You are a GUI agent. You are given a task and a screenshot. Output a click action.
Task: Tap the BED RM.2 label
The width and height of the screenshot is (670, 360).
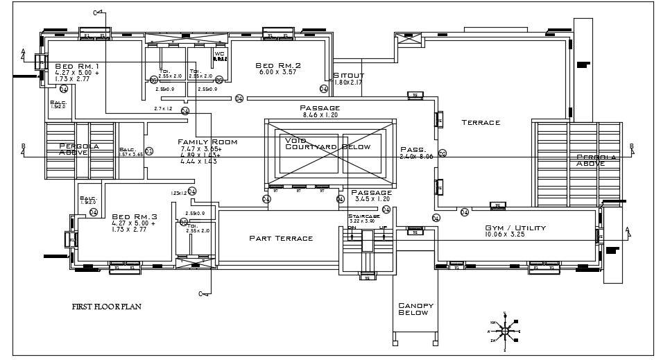tap(277, 64)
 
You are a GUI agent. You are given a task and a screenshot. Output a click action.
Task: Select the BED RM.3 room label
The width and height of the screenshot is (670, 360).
tap(135, 216)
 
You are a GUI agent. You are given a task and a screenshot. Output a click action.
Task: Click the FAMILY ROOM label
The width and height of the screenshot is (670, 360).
tap(207, 142)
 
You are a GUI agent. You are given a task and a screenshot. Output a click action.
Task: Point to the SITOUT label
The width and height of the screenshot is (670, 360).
tap(348, 76)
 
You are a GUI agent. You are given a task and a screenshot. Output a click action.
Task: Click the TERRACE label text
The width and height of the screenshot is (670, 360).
tap(481, 123)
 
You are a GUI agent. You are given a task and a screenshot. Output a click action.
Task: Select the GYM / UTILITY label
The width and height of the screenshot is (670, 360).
tap(515, 228)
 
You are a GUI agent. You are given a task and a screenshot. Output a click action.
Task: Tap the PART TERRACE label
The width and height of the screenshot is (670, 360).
tap(281, 238)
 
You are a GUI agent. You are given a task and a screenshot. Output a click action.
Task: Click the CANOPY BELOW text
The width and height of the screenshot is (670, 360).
tap(415, 309)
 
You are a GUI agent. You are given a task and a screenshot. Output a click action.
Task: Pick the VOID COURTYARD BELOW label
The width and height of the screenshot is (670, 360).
tap(328, 144)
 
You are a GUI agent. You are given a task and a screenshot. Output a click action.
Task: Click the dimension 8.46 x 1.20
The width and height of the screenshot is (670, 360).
tap(320, 115)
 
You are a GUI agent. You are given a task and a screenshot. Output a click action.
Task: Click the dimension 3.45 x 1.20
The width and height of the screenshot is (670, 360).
tap(371, 199)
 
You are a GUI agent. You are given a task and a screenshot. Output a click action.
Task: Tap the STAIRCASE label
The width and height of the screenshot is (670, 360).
tap(361, 216)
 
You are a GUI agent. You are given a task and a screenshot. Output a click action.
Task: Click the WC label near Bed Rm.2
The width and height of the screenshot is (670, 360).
tap(219, 53)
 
